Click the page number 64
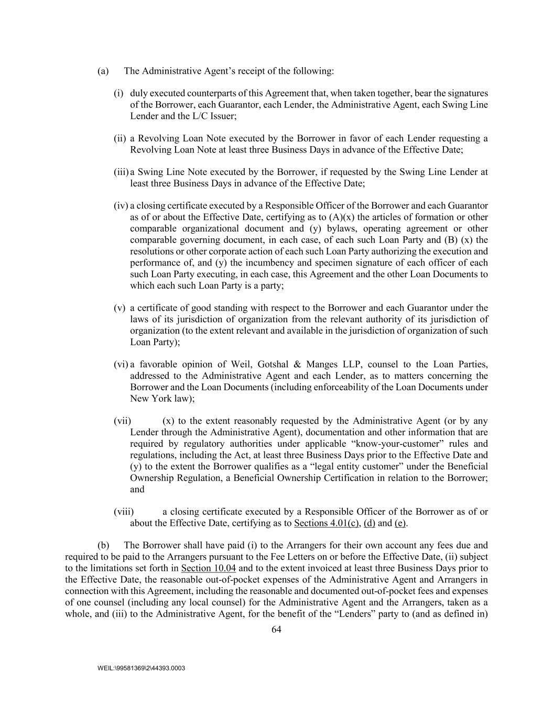[x=277, y=630]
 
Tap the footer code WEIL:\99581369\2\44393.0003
[x=142, y=668]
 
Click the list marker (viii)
[x=124, y=512]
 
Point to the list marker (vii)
[x=122, y=421]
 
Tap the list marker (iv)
[x=121, y=206]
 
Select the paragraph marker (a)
[x=103, y=71]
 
